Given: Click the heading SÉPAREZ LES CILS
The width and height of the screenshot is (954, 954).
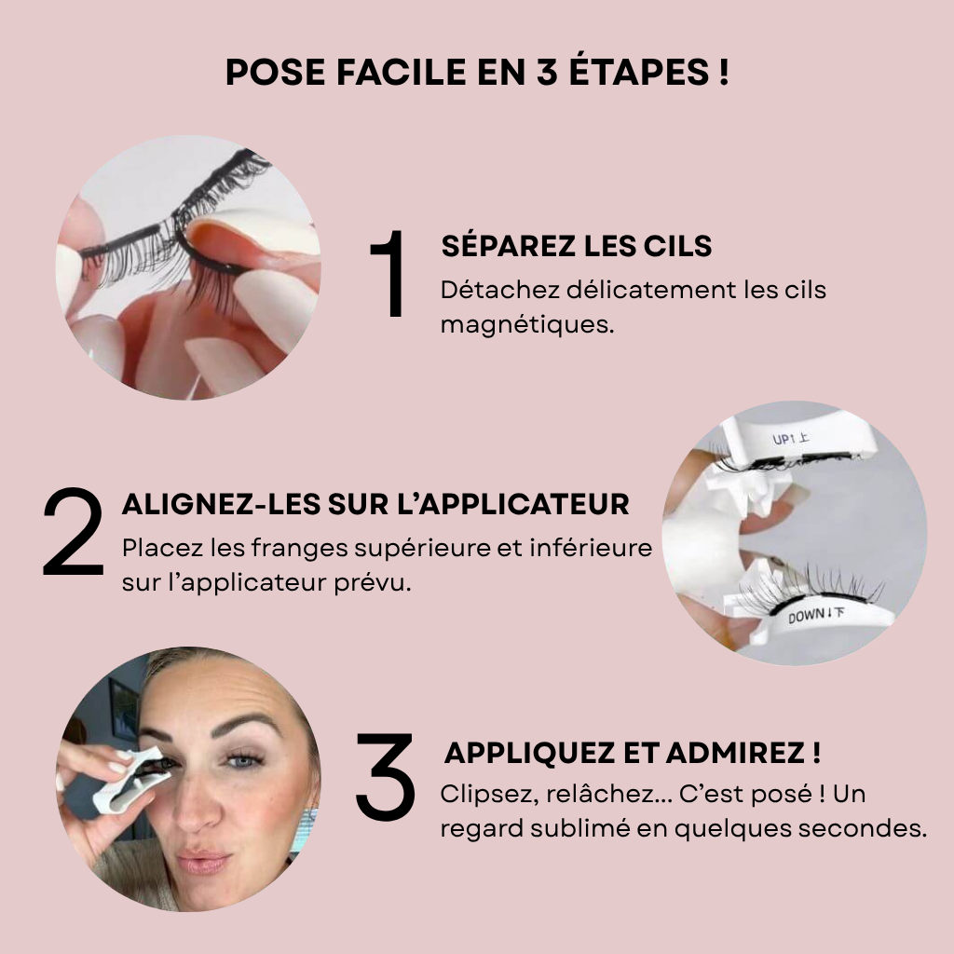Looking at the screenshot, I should (576, 246).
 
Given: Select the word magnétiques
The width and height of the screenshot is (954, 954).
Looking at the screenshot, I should (527, 325).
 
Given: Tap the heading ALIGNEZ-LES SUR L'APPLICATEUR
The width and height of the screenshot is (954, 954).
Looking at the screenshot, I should (375, 504).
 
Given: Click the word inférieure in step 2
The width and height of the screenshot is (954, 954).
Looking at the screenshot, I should (599, 547).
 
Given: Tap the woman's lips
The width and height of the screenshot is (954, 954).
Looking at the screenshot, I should (202, 861).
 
